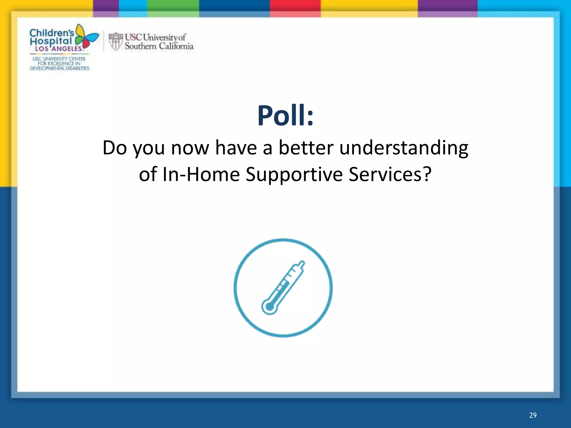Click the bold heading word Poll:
[x=285, y=116]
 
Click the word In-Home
[x=201, y=174]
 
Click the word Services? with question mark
[x=390, y=174]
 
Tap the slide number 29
[x=533, y=415]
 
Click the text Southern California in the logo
[x=159, y=46]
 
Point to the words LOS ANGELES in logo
[x=59, y=49]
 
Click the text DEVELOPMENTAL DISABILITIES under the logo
[x=60, y=68]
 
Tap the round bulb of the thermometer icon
[x=270, y=307]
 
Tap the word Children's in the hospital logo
[x=52, y=33]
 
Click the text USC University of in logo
[x=155, y=37]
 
